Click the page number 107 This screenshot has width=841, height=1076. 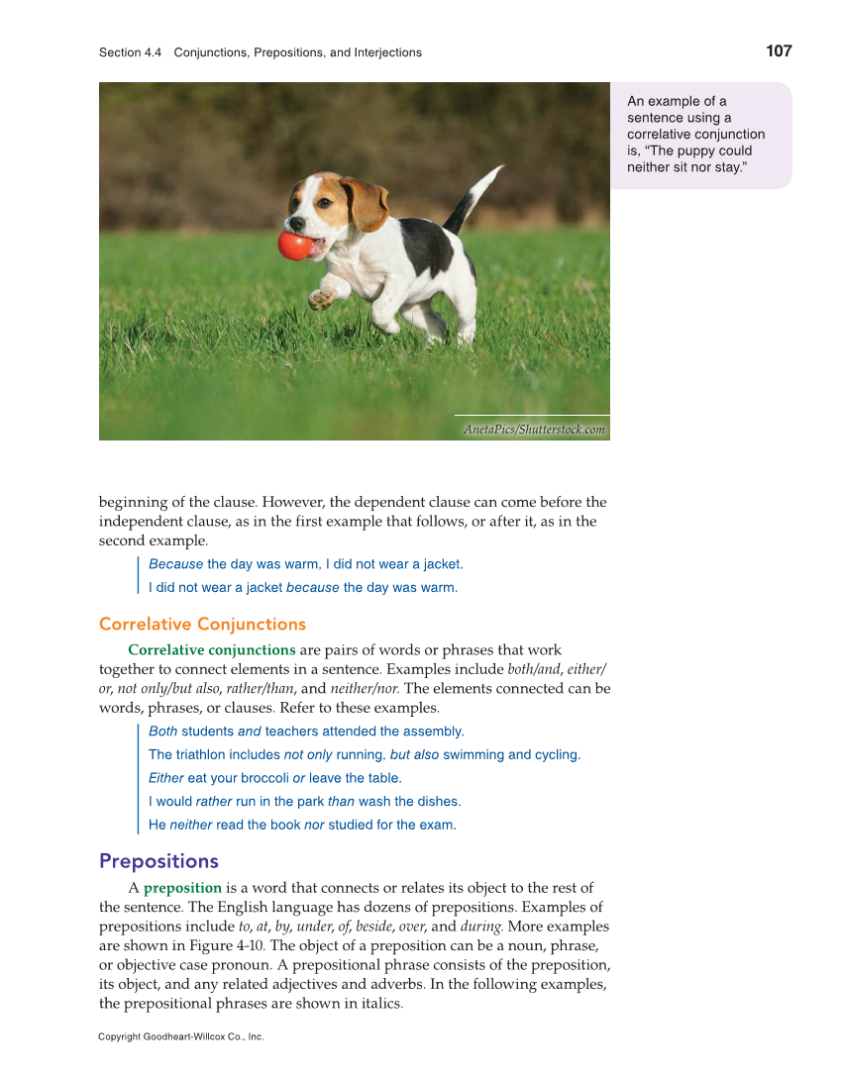coord(779,51)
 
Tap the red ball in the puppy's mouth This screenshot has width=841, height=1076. coord(294,245)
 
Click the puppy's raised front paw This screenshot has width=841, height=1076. coord(321,298)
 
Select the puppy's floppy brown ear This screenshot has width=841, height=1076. coord(364,203)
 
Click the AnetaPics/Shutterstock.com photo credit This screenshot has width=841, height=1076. coord(534,430)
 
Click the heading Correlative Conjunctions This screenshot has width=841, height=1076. coord(202,624)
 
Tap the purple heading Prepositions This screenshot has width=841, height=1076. coord(158,860)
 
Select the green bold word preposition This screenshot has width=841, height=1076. coord(182,888)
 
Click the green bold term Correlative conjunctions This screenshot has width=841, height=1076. coord(212,650)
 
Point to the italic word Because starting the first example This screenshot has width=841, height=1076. coord(175,564)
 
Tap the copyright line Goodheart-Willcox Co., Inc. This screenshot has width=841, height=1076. coord(181,1036)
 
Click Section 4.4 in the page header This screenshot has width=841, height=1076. coord(130,52)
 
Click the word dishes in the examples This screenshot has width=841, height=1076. coord(438,802)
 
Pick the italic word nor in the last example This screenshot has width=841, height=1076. coord(314,825)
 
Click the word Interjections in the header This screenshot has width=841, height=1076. coord(381,52)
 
